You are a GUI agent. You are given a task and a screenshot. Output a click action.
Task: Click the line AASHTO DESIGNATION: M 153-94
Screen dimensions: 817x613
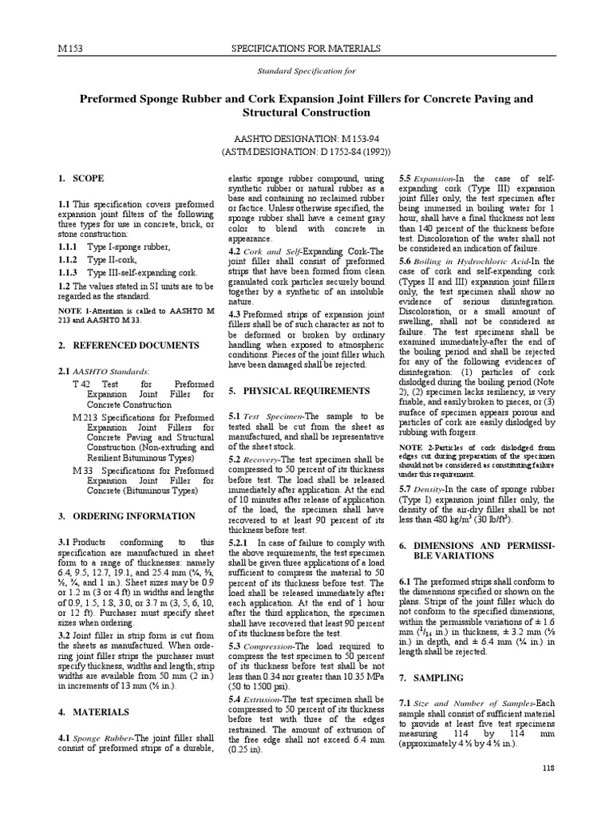pos(306,137)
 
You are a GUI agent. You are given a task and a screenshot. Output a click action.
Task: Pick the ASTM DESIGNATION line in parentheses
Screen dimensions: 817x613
pos(306,152)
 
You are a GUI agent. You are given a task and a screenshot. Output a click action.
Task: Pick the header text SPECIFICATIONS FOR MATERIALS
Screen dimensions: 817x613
pos(306,49)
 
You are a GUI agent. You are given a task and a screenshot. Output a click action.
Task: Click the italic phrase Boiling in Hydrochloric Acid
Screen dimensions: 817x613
pos(468,260)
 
